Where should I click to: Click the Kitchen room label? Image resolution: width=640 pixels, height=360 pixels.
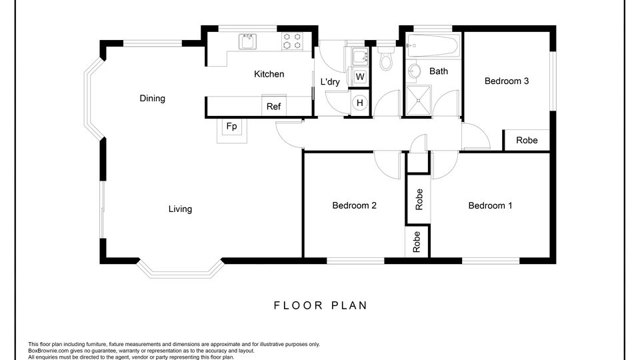pyautogui.click(x=269, y=74)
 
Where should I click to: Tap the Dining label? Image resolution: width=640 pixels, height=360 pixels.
pyautogui.click(x=152, y=99)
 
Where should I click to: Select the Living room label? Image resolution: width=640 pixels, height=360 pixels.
pyautogui.click(x=180, y=209)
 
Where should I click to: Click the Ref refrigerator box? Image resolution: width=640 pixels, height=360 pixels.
pyautogui.click(x=273, y=106)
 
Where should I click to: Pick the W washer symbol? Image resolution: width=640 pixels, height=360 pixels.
pyautogui.click(x=359, y=77)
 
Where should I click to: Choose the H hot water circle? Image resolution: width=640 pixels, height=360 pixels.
pyautogui.click(x=359, y=103)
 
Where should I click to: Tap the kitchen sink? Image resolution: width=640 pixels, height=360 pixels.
pyautogui.click(x=247, y=41)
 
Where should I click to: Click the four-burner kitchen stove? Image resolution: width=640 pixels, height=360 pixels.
pyautogui.click(x=292, y=41)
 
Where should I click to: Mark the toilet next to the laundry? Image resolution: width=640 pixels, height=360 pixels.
pyautogui.click(x=386, y=59)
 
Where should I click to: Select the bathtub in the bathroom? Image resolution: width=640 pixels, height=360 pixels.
pyautogui.click(x=433, y=45)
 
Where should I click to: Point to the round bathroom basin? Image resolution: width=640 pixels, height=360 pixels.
pyautogui.click(x=413, y=71)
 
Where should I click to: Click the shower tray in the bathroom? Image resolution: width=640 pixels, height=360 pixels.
pyautogui.click(x=419, y=101)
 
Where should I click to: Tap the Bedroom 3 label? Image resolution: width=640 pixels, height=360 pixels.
pyautogui.click(x=507, y=81)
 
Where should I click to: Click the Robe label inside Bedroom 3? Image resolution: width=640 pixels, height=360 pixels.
pyautogui.click(x=527, y=140)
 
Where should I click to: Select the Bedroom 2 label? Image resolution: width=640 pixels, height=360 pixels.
pyautogui.click(x=354, y=205)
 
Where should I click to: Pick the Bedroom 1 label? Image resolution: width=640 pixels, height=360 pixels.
pyautogui.click(x=490, y=205)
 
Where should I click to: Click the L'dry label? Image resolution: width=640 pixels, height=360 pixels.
pyautogui.click(x=330, y=81)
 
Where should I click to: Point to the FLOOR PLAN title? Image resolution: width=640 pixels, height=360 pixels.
pyautogui.click(x=321, y=305)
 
